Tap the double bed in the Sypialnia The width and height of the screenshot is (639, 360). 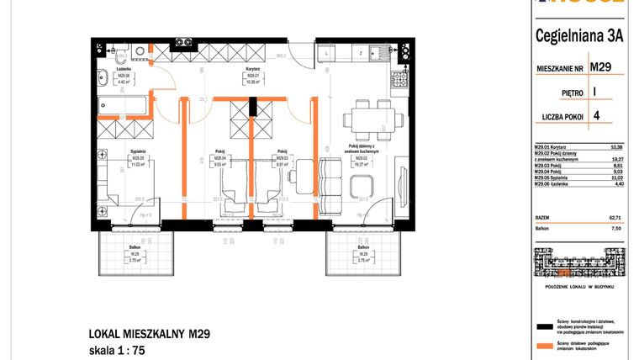(x=126, y=189)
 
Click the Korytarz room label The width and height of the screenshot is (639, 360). (x=251, y=78)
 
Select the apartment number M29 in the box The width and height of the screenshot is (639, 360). (x=599, y=66)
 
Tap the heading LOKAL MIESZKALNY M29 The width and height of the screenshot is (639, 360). (x=149, y=333)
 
